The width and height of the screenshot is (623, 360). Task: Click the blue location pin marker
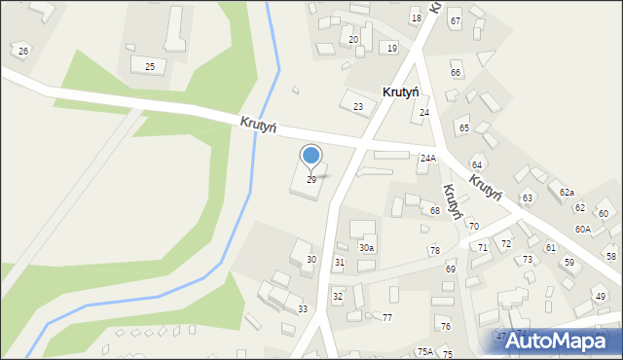311,156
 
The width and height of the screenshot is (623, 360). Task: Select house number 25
150,66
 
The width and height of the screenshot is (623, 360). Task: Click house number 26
23,51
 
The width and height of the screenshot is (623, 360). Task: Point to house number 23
358,107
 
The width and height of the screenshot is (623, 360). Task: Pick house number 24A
428,158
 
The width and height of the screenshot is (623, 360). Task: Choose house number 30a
366,248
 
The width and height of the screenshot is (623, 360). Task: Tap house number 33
303,309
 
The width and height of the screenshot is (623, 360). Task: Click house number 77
386,318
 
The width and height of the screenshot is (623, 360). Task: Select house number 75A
425,351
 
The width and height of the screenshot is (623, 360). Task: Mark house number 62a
567,193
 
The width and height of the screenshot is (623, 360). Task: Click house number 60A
582,229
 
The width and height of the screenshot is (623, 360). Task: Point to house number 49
600,297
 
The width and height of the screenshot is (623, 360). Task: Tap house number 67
455,21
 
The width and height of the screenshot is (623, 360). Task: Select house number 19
391,48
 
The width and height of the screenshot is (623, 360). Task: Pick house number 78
434,251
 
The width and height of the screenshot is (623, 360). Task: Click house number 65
464,128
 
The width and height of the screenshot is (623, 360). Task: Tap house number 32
338,296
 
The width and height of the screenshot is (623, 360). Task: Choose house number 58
611,256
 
